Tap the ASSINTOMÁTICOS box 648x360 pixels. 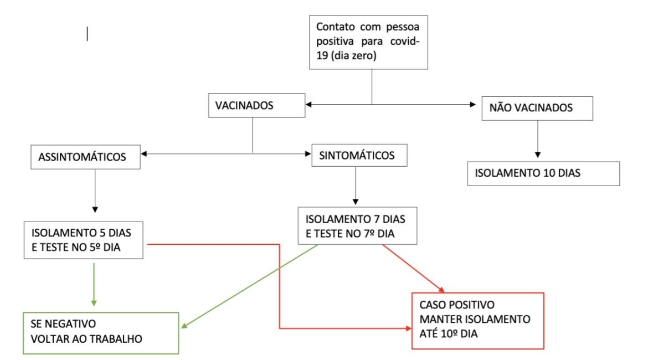click(82, 157)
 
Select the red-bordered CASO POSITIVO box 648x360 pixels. click(478, 321)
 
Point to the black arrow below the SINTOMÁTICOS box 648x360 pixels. click(355, 185)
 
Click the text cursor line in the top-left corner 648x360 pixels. click(87, 34)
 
